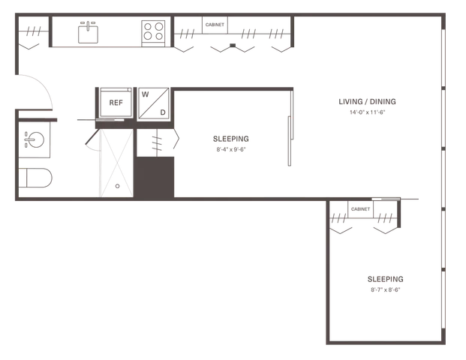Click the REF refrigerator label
[116, 103]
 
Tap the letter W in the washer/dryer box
[146, 94]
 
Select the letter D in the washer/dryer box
[163, 112]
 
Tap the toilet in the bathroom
[35, 178]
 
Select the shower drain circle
[117, 186]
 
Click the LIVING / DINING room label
[368, 101]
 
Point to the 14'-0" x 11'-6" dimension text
[368, 112]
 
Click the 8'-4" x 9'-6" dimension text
[231, 149]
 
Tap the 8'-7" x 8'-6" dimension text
[385, 289]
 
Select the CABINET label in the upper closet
[215, 25]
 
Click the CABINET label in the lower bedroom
[360, 209]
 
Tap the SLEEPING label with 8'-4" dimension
[231, 139]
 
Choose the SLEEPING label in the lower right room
[385, 279]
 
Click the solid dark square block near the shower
[155, 177]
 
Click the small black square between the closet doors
[233, 46]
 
